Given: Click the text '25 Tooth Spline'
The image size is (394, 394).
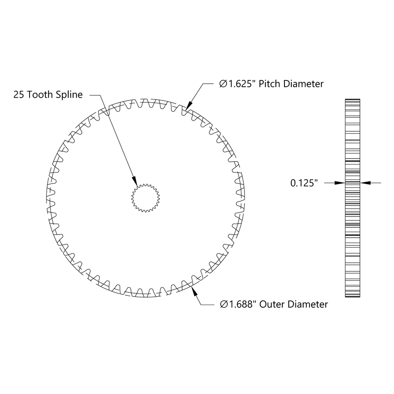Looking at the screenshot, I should [x=48, y=95].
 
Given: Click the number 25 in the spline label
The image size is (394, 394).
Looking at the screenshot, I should [x=19, y=95].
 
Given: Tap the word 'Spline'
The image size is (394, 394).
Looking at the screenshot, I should [x=70, y=95].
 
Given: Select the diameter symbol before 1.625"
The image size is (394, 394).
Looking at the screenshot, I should [x=223, y=84].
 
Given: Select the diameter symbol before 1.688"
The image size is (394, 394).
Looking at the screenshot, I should [x=223, y=304].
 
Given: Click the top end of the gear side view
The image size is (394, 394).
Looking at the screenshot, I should [x=353, y=100].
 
